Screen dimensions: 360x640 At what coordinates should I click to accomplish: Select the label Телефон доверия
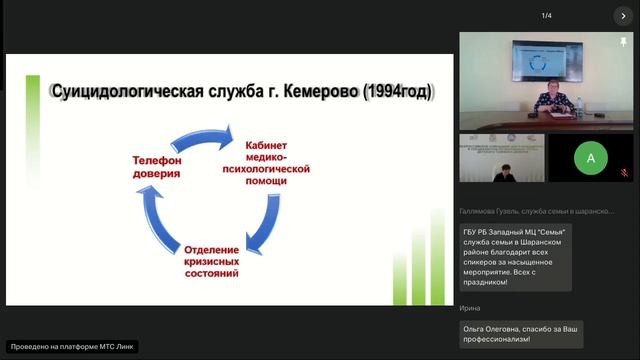tap(156, 167)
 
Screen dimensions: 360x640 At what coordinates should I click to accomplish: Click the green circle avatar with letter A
tap(591, 158)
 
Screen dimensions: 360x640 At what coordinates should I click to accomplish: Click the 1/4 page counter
tap(547, 16)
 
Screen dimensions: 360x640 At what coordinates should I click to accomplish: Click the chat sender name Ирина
tap(470, 308)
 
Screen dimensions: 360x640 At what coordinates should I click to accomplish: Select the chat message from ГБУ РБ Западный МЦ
tap(515, 257)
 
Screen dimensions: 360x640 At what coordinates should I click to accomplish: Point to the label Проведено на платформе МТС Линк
tap(71, 347)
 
